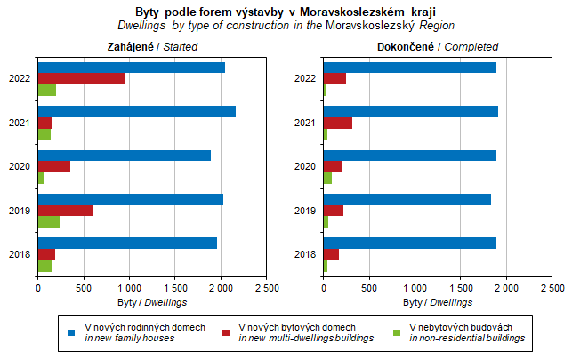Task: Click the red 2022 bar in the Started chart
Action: coord(82,78)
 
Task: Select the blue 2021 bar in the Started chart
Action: coord(136,111)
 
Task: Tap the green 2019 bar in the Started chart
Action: coord(49,221)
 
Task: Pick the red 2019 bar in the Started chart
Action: coord(66,211)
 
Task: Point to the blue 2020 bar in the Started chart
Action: coord(125,156)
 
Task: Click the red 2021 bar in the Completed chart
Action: coord(338,123)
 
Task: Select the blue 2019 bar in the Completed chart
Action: coord(407,199)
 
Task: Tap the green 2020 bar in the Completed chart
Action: coord(328,178)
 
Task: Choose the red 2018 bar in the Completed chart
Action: coord(332,254)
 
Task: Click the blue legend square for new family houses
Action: coord(72,332)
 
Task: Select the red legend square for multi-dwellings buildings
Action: coord(227,332)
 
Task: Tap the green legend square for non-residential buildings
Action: coord(398,332)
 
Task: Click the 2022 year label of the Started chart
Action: coord(20,79)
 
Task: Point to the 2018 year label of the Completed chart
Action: coord(306,254)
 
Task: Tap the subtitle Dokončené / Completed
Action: coord(438,47)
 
